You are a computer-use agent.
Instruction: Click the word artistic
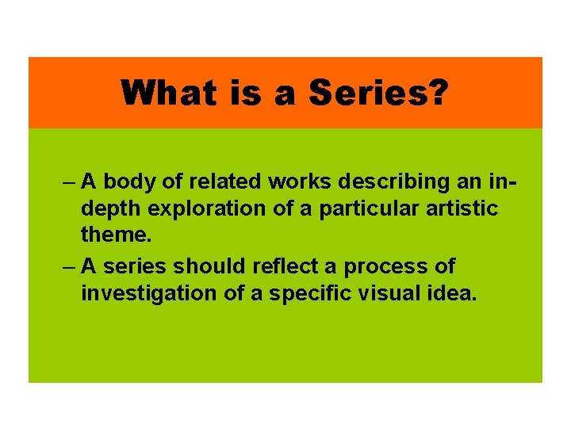click(x=468, y=209)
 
